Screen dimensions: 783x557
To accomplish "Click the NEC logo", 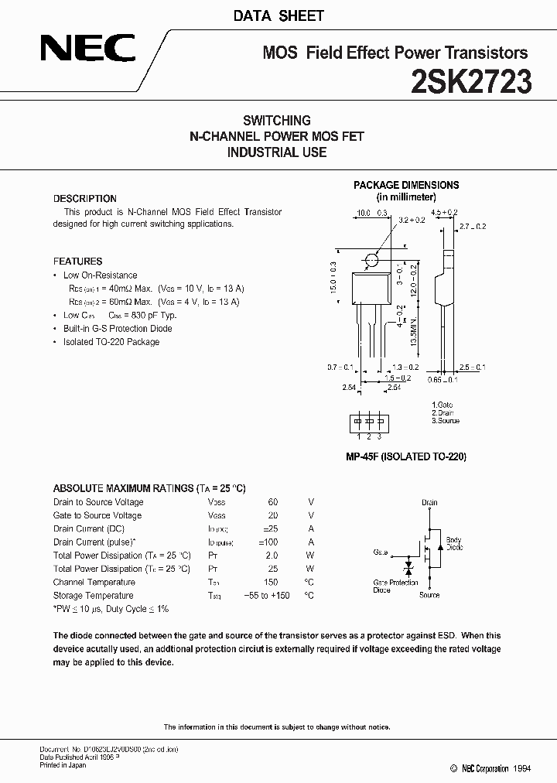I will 87,51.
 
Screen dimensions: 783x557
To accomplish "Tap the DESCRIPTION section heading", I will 85,199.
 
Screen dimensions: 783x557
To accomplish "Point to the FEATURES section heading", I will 77,262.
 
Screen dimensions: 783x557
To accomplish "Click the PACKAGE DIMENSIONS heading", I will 406,185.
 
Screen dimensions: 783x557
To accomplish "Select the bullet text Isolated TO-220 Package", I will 111,342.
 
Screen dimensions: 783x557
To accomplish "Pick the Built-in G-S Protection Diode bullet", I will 118,329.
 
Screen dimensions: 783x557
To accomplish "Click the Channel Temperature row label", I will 94,583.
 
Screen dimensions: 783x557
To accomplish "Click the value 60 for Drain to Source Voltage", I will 272,502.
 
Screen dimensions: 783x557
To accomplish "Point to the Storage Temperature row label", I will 93,596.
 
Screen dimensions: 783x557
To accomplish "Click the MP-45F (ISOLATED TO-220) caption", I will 406,457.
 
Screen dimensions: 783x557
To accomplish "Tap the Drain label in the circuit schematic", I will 429,503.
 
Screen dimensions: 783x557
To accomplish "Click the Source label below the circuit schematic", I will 429,595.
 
